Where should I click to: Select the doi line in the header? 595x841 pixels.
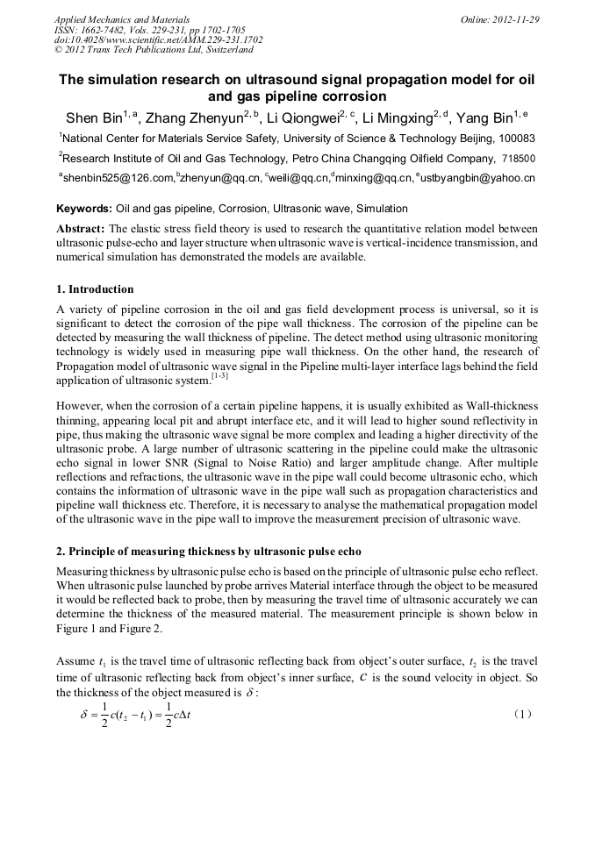point(158,39)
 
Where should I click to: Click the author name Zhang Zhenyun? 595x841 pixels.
point(191,118)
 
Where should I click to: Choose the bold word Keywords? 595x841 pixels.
point(84,209)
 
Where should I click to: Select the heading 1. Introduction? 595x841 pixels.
point(95,289)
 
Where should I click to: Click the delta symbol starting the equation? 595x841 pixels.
point(85,714)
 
